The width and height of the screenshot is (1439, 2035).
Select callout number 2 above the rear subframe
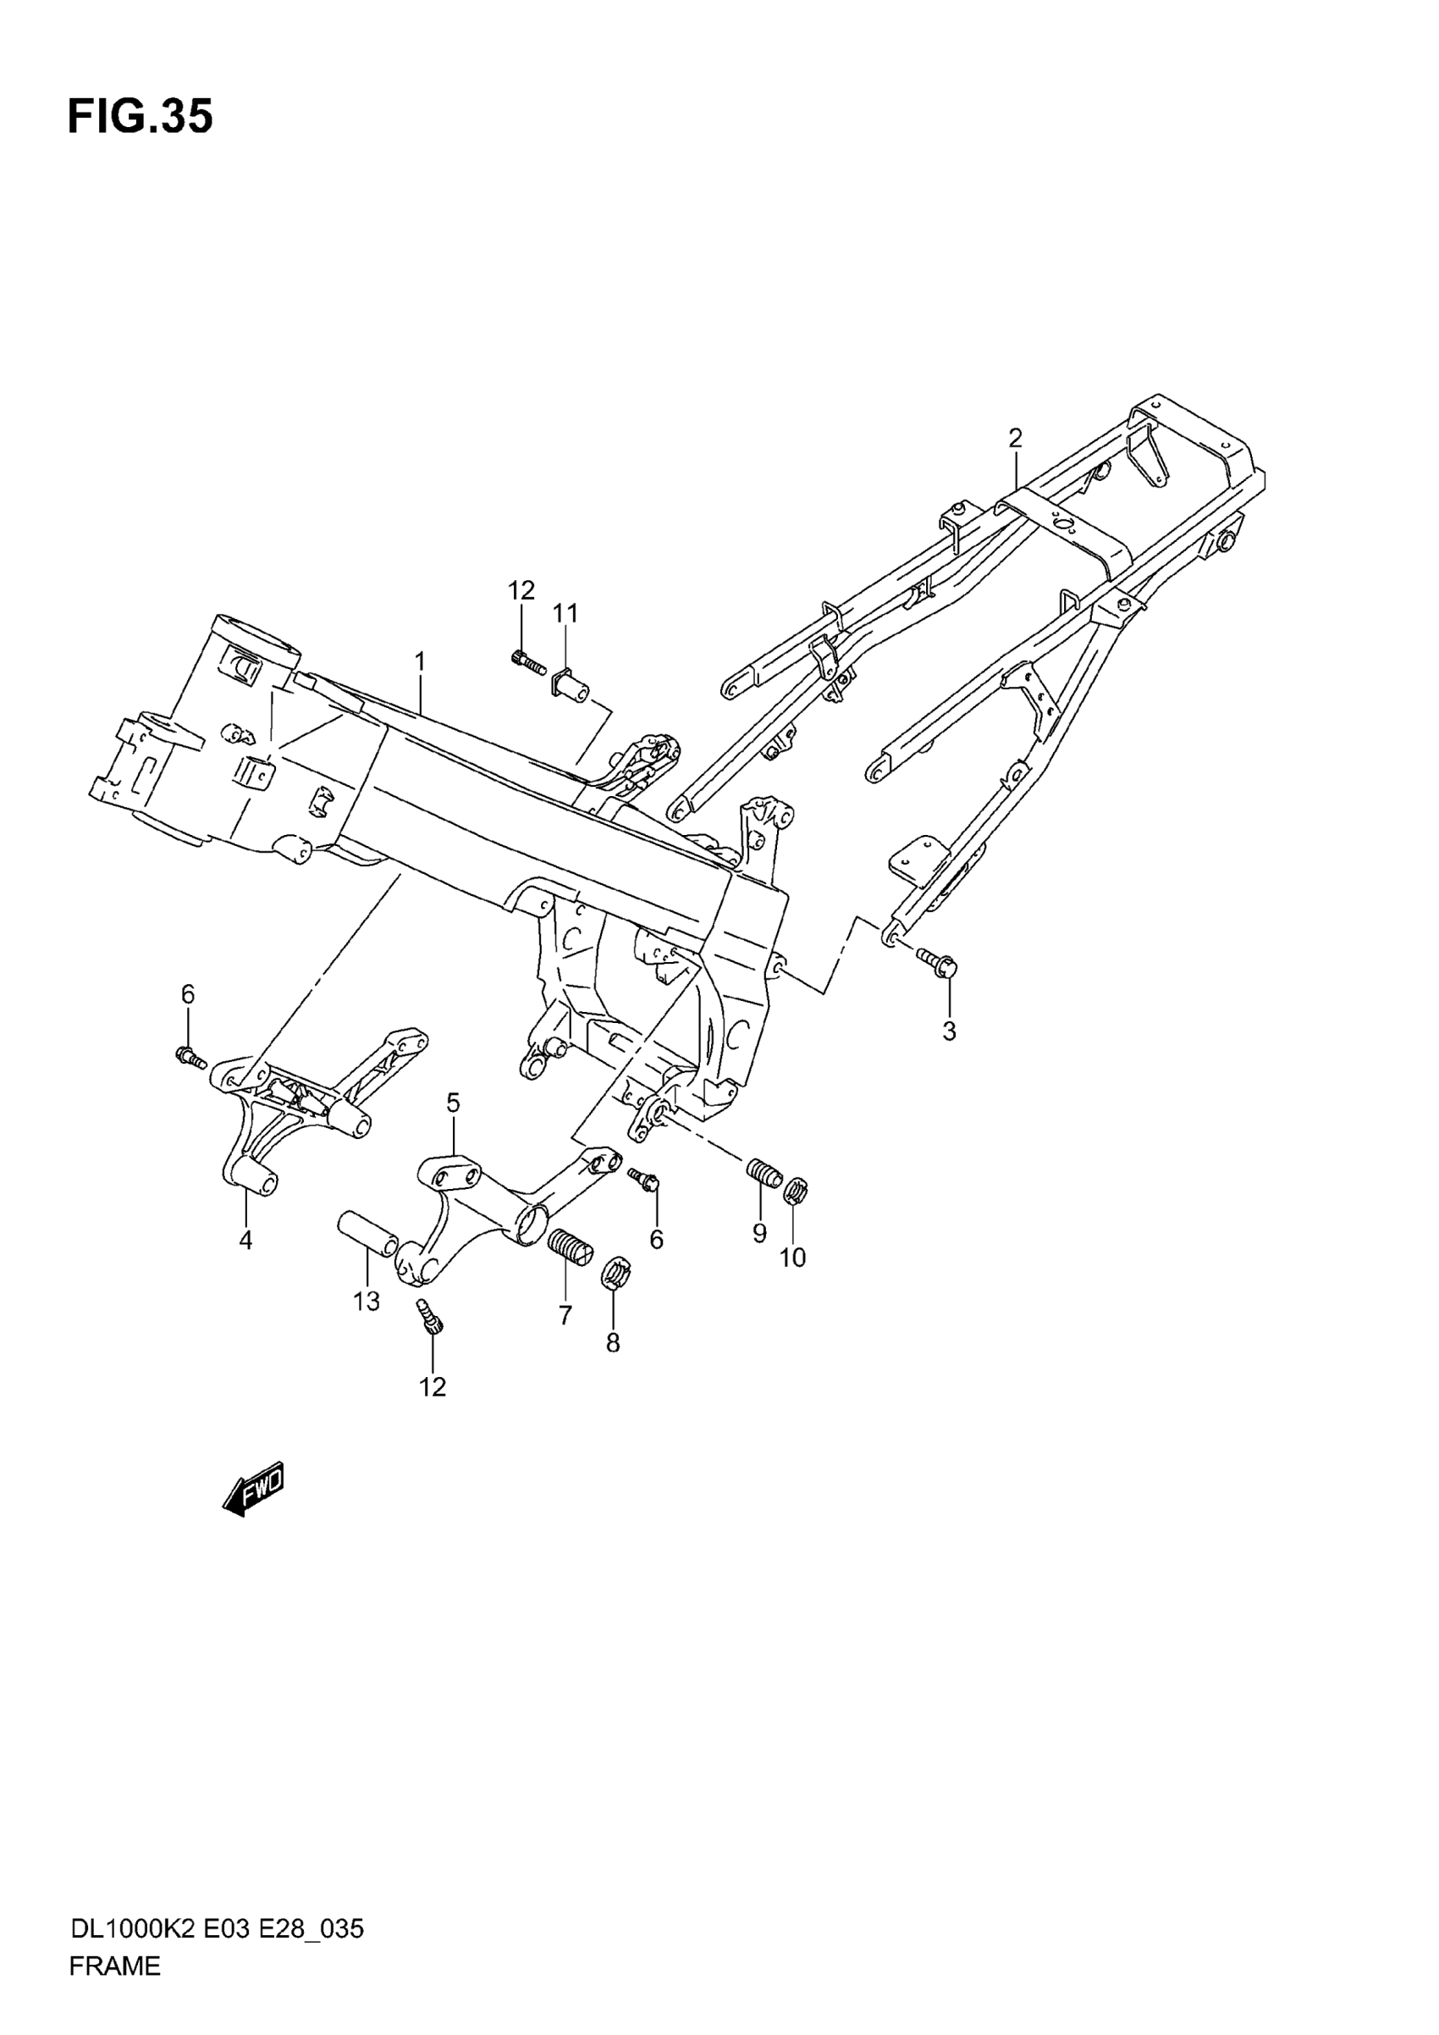coord(1015,438)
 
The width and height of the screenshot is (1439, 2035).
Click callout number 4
coord(245,1241)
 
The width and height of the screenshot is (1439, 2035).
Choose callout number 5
coord(453,1103)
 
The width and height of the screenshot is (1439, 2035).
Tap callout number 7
coord(565,1315)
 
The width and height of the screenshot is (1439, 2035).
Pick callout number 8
coord(612,1343)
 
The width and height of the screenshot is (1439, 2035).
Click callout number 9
coord(759,1233)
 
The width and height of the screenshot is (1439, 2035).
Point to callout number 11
coord(565,612)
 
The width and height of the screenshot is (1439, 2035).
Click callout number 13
coord(366,1301)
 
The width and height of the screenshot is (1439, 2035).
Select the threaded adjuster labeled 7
coord(571,1249)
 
